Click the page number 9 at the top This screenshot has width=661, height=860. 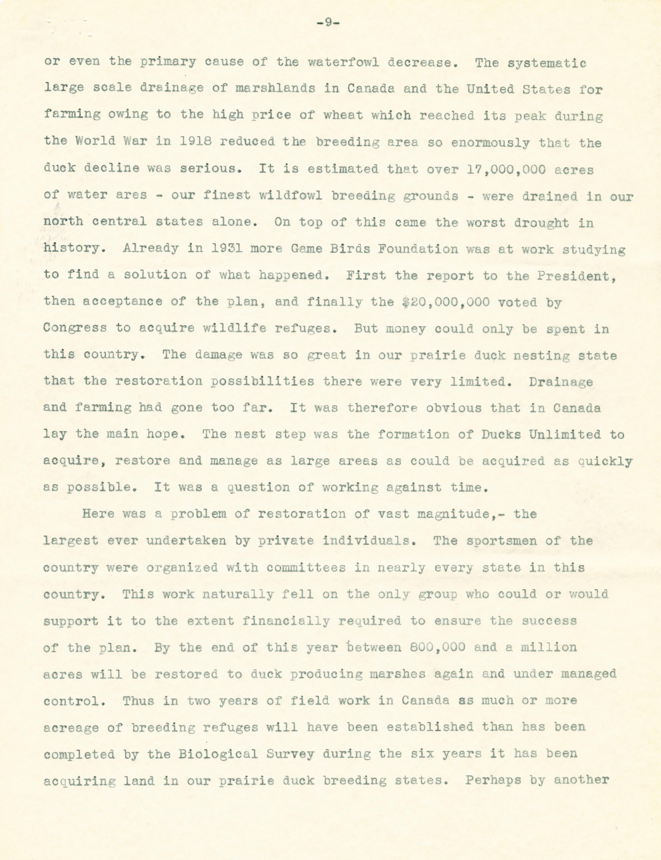coord(328,23)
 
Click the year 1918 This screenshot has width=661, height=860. coord(196,141)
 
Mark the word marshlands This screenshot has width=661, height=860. coord(275,88)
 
